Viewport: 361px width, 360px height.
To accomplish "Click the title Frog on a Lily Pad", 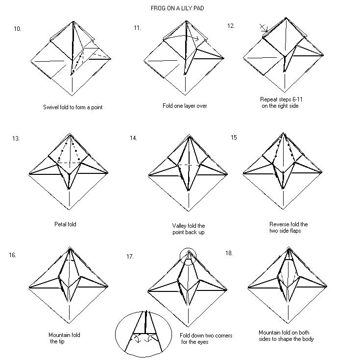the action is coord(177,8).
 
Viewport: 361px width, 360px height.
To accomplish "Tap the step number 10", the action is coord(17,29).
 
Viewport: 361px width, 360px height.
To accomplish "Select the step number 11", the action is coord(137,28).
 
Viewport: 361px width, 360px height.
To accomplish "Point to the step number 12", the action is coord(231,26).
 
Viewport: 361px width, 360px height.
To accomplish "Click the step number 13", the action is coord(16,139).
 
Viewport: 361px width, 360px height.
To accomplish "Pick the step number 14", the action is coord(133,138).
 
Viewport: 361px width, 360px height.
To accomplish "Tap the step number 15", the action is coord(234,138).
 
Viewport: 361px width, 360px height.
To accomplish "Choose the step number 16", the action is coord(12,255).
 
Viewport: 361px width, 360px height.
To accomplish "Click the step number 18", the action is coord(229,253).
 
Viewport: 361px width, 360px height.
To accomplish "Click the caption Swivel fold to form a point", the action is coord(73,107).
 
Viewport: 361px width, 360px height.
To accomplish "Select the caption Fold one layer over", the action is coord(185,106).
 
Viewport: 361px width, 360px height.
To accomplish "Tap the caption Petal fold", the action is coord(65,224).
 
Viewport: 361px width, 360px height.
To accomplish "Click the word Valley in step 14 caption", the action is coord(179,226).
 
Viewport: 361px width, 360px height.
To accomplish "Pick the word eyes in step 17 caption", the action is coord(203,342).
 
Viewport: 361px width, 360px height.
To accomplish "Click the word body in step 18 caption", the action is coord(308,339).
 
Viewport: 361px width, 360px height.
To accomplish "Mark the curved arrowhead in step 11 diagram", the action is coord(196,39).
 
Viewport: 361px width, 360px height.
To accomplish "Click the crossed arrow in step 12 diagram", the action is coord(264,28).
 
